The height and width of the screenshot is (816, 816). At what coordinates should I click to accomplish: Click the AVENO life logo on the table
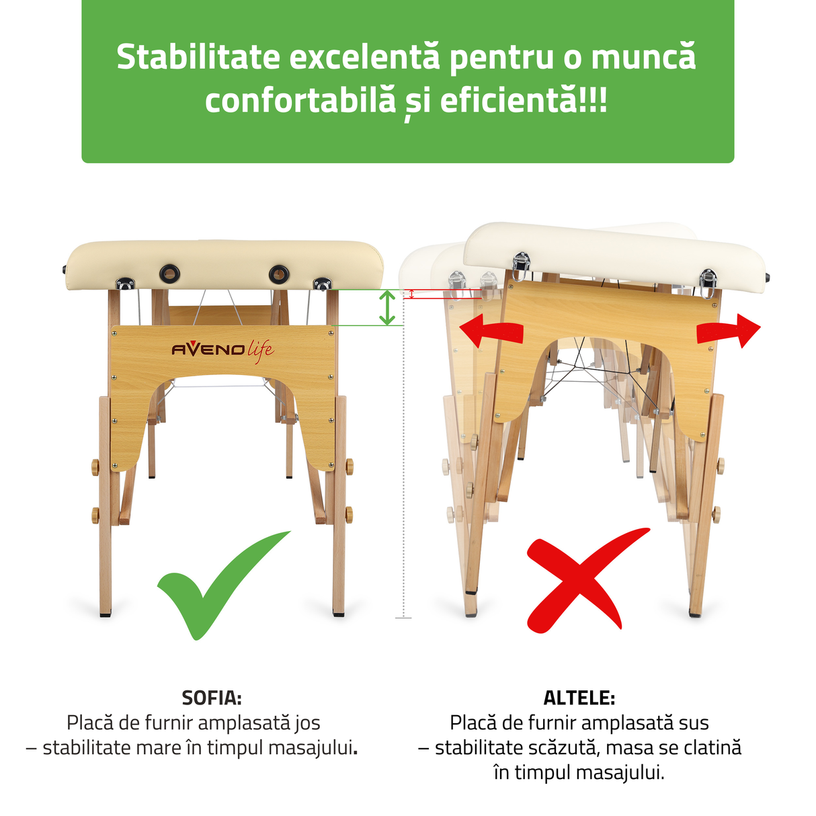point(222,350)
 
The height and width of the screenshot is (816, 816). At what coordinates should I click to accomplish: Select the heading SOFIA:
point(212,698)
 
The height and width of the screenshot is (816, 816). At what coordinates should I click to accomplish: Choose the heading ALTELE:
point(579,698)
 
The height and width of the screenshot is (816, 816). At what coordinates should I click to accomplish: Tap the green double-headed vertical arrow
point(386,308)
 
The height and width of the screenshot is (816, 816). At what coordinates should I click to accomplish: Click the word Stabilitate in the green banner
point(198,57)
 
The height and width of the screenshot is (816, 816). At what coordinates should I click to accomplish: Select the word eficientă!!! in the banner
point(524,101)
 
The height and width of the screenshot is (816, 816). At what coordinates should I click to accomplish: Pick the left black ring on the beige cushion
point(169,273)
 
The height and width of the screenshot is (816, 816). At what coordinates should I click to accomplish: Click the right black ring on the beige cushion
point(279,274)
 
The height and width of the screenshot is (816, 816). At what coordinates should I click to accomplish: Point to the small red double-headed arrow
point(411,294)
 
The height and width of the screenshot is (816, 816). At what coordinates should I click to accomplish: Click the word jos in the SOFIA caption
point(307,723)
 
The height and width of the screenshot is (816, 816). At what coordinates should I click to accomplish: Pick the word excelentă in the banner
point(364,57)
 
